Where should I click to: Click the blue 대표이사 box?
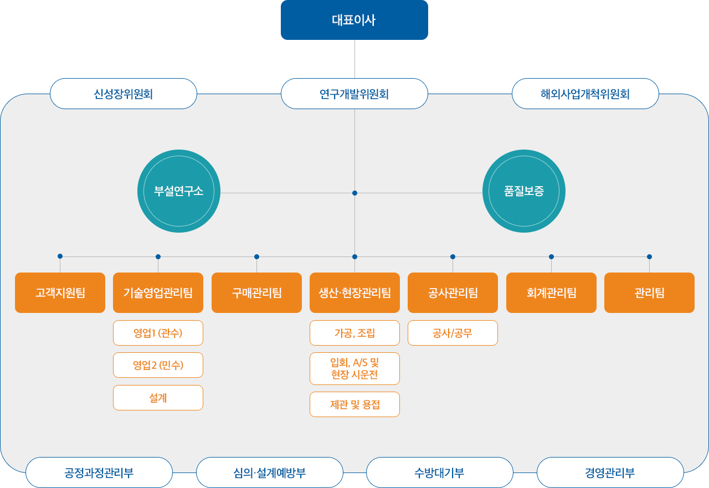(x=354, y=20)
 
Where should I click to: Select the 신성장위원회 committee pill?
(x=124, y=94)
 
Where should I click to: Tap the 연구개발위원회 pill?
(x=354, y=94)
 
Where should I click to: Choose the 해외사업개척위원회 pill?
(x=585, y=94)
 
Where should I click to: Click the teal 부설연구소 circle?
(x=179, y=191)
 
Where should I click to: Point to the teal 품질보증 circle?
(x=524, y=191)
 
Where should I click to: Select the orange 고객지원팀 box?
(x=60, y=292)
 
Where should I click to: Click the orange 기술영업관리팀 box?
(x=158, y=292)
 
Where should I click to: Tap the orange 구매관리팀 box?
(x=256, y=292)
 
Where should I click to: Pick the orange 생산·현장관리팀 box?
(x=354, y=292)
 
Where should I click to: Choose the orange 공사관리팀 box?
(x=453, y=292)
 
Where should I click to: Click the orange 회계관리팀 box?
(x=551, y=292)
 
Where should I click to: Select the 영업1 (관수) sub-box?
(x=158, y=333)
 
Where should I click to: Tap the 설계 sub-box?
(x=158, y=398)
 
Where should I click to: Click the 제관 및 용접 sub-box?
(x=354, y=404)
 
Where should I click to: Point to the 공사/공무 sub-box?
(x=453, y=333)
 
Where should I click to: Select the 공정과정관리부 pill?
(x=99, y=472)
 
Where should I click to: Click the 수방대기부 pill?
(x=440, y=472)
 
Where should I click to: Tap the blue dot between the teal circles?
(x=355, y=193)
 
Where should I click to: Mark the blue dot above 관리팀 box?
(x=650, y=256)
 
